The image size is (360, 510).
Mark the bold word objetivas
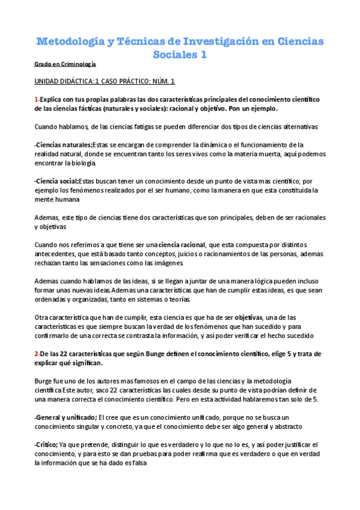(x=248, y=317)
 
